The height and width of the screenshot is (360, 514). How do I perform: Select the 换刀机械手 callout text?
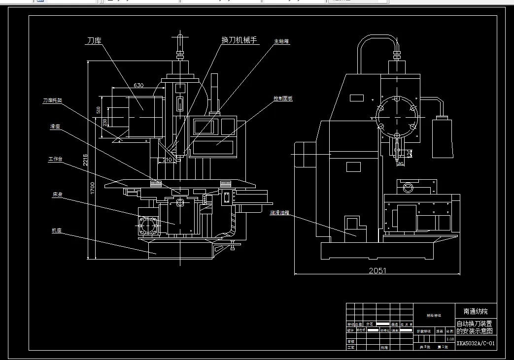(x=240, y=40)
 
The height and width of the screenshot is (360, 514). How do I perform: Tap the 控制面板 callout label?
(x=283, y=98)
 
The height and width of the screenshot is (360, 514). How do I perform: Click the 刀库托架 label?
(x=52, y=100)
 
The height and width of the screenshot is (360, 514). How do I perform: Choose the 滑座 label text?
(x=55, y=127)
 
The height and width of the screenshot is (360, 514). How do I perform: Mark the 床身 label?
(x=57, y=195)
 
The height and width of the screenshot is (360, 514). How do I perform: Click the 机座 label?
(x=56, y=230)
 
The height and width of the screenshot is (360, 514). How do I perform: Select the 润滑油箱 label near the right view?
(x=279, y=213)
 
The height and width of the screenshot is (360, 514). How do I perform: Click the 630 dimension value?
(x=139, y=85)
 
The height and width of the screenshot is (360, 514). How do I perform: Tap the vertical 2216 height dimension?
(x=85, y=161)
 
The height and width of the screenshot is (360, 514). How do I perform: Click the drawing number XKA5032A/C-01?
(x=475, y=344)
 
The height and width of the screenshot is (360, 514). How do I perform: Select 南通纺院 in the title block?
(x=475, y=311)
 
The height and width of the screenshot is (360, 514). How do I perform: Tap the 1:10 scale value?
(x=449, y=339)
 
